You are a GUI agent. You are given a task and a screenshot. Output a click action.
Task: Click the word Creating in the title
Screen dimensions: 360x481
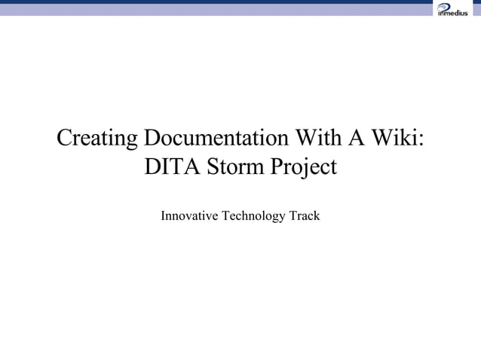98,139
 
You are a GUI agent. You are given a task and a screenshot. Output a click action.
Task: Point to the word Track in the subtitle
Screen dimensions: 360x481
305,217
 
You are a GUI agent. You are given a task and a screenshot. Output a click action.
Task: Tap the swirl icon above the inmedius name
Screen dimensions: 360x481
445,6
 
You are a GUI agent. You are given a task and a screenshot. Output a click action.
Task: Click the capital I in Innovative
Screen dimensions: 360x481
164,217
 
